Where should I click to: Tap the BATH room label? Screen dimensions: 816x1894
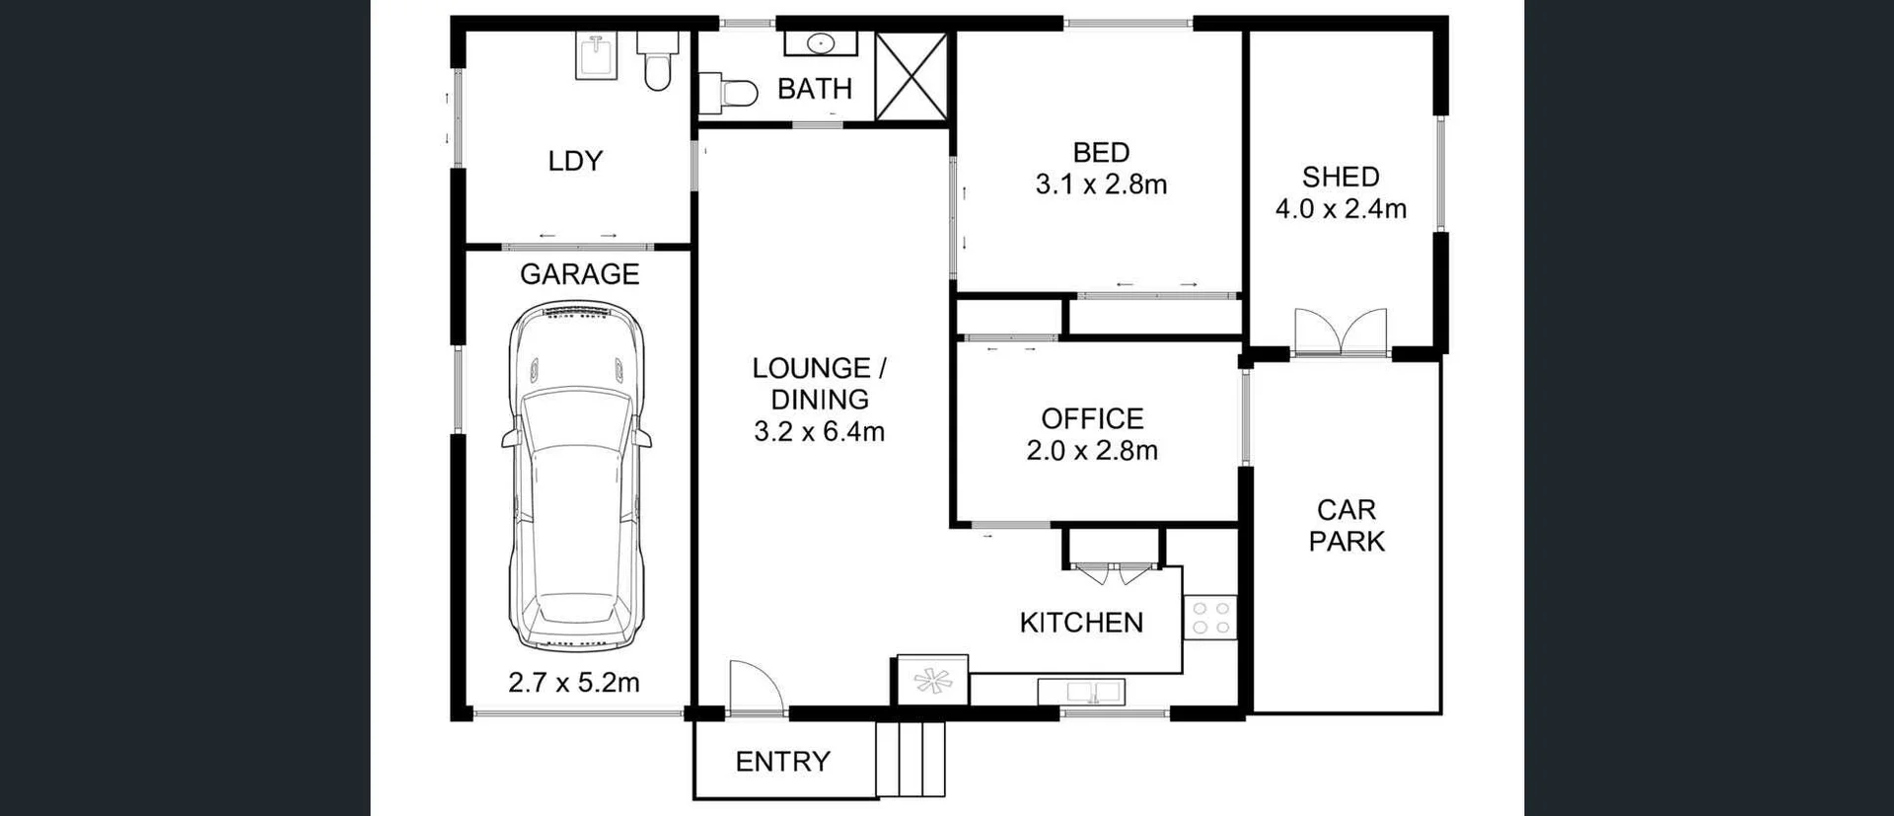pos(815,89)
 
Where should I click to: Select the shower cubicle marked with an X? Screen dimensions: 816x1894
pos(911,77)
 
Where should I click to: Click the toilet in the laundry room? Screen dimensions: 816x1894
pos(657,60)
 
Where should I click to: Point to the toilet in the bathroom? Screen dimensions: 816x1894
pos(729,94)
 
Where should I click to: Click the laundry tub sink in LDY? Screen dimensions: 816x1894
pos(596,56)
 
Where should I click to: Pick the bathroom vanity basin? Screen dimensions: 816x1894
pos(821,43)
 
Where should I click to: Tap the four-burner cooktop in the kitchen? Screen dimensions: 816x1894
pos(1210,618)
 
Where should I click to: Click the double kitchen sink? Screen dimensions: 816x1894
pos(1081,692)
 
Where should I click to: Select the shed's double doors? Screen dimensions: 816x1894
pos(1341,333)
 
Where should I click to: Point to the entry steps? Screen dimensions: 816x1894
pos(911,759)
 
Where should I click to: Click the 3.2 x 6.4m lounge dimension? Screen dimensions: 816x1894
pos(819,431)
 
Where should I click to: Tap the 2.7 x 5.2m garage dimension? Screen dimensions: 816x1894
pos(573,682)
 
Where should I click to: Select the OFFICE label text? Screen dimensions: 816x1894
pos(1092,418)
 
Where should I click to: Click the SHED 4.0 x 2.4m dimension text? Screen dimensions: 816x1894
pos(1341,208)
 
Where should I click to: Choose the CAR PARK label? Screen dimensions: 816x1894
pos(1347,525)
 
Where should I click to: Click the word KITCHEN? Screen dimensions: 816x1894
pos(1081,623)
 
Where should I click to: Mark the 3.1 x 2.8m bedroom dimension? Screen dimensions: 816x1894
pos(1101,185)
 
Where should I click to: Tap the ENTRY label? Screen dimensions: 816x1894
pos(782,761)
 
